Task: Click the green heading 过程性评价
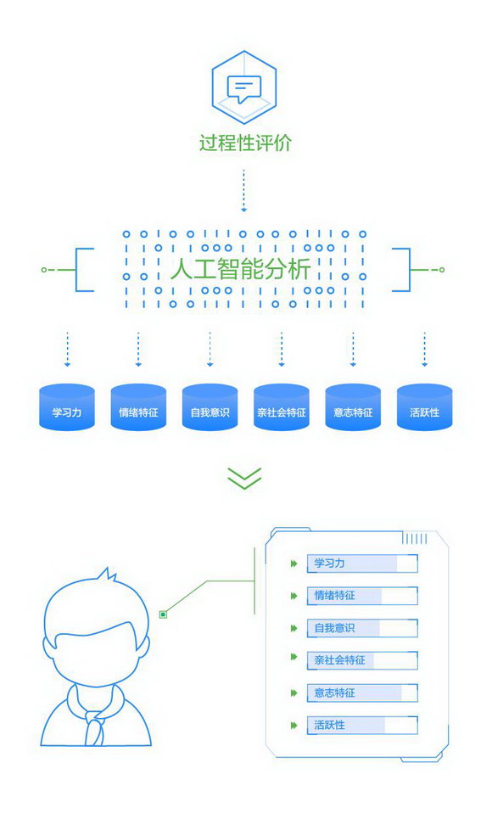pos(245,143)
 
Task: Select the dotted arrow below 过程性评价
pos(243,190)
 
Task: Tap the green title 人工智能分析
pos(241,269)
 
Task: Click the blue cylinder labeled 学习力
pos(67,407)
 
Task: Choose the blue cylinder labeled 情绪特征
pos(138,407)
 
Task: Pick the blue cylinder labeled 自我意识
pos(210,407)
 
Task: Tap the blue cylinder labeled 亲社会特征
pos(282,407)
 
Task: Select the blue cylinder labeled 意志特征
pos(353,407)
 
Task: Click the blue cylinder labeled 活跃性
pos(425,407)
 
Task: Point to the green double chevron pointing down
pos(244,478)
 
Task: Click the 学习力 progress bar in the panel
pos(362,563)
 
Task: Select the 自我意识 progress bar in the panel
pos(362,628)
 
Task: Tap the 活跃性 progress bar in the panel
pos(362,725)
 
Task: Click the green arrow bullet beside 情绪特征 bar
pos(294,596)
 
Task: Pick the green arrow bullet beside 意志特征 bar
pos(294,692)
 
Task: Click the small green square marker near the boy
pos(164,614)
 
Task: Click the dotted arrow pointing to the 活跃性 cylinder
pos(425,350)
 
